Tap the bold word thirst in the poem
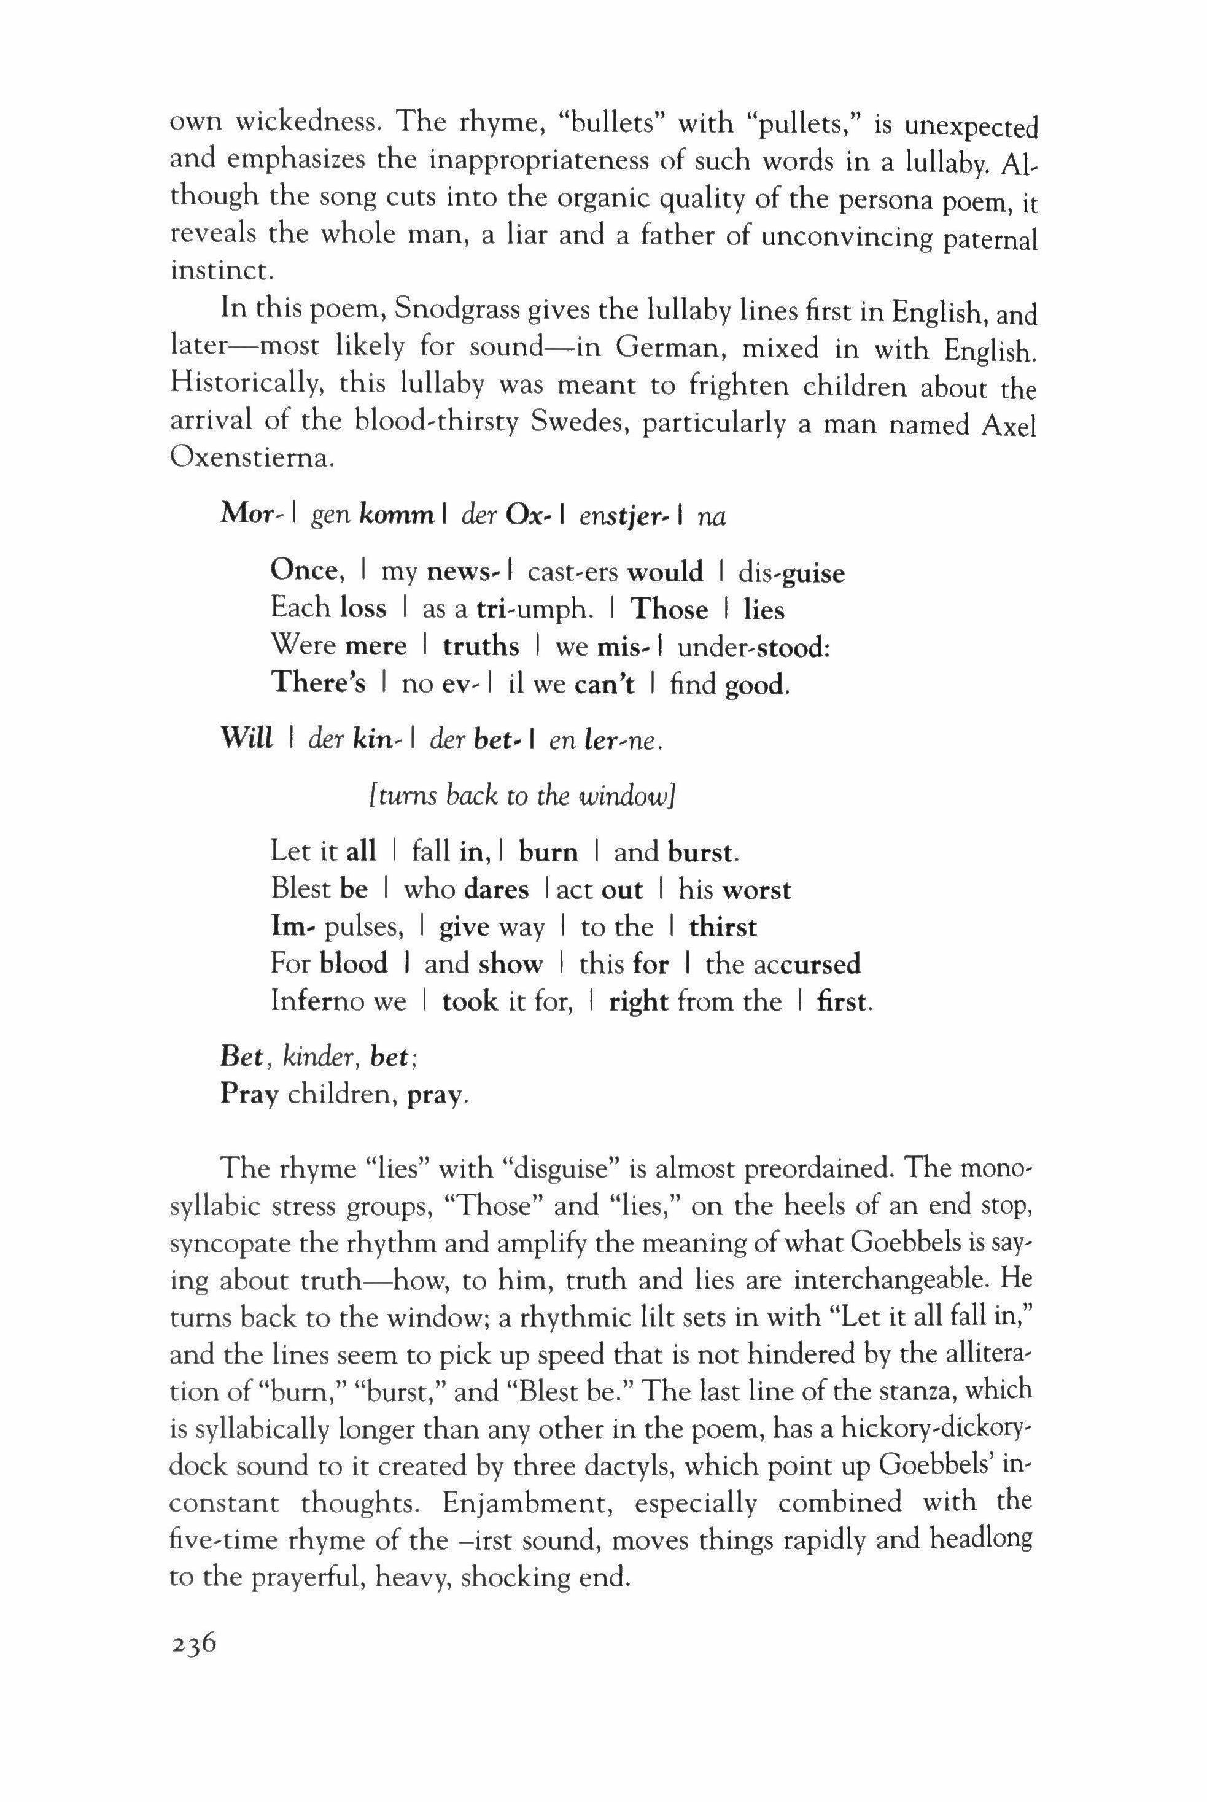pyautogui.click(x=723, y=927)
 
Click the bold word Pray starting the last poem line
pyautogui.click(x=248, y=1095)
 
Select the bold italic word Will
pyautogui.click(x=246, y=740)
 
